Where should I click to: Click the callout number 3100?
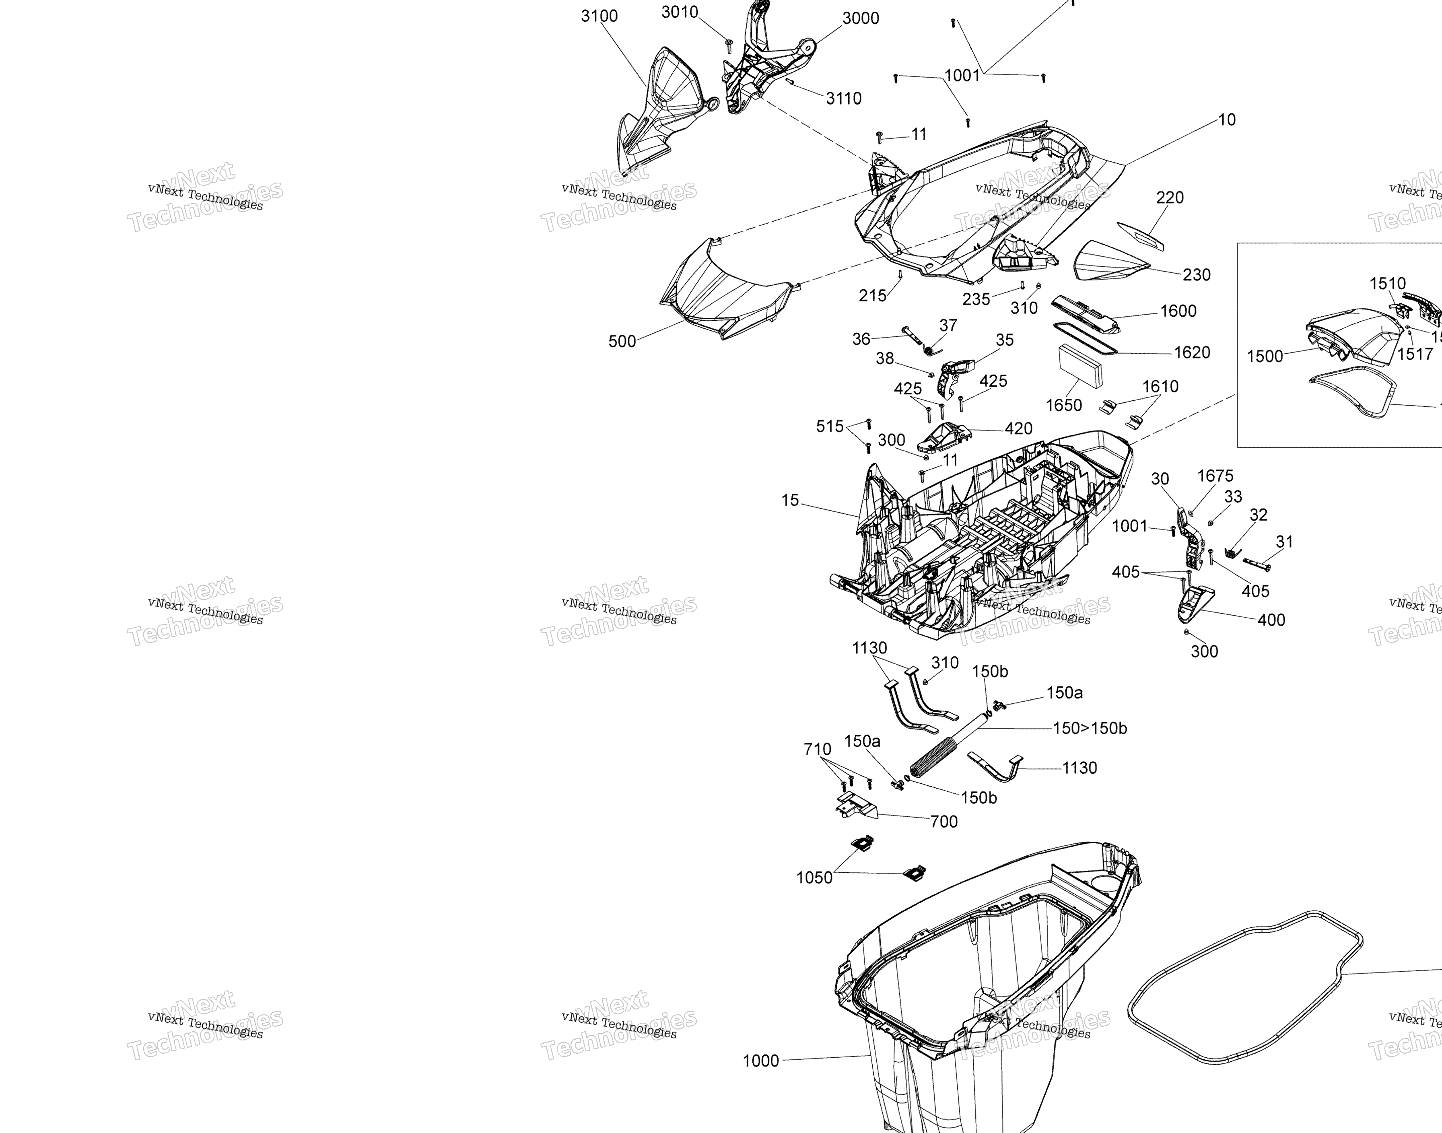[599, 16]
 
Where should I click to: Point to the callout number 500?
[622, 341]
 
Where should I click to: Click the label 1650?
[1063, 405]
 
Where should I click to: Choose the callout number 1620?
[1191, 352]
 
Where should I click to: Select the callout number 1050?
[814, 878]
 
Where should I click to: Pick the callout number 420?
[1018, 428]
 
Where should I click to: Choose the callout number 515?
[829, 426]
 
